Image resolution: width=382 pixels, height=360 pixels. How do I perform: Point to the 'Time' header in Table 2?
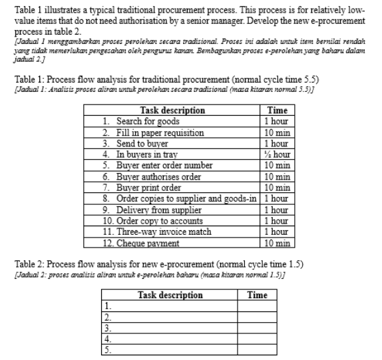point(257,295)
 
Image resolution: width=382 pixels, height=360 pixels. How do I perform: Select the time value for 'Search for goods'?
point(276,122)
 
